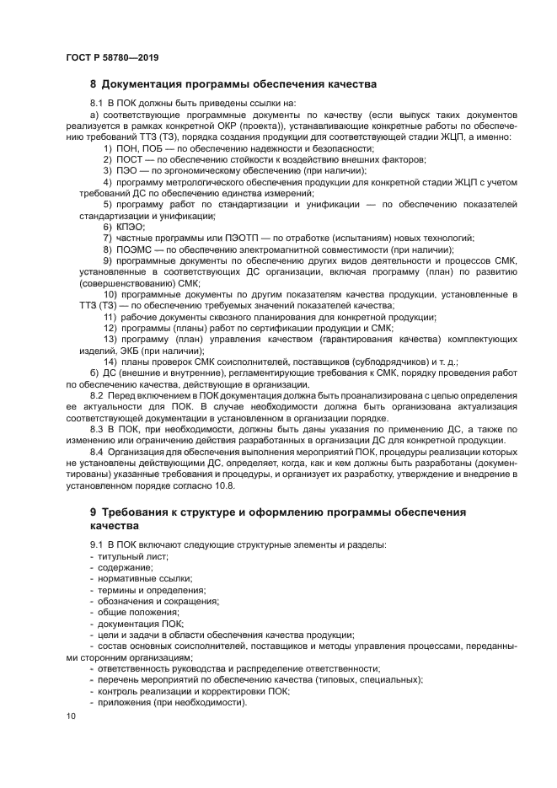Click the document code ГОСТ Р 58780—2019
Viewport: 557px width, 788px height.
coord(112,57)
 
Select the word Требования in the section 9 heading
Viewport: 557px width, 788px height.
coord(138,512)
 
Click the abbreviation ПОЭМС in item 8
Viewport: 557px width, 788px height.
coord(133,249)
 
